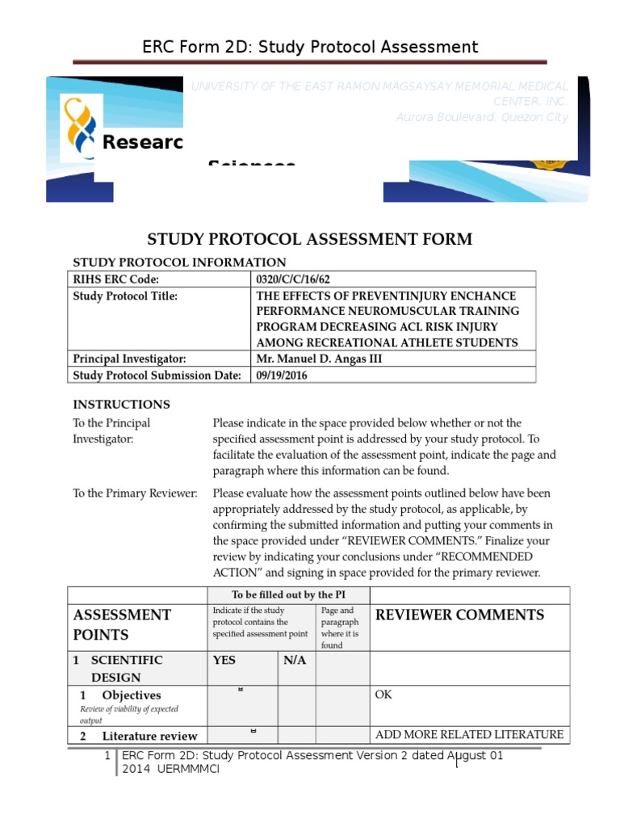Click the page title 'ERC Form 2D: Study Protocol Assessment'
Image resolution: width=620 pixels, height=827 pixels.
(x=310, y=47)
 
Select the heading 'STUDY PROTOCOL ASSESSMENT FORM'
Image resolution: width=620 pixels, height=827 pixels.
(x=309, y=239)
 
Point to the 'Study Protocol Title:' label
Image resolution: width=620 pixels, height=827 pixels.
(x=125, y=296)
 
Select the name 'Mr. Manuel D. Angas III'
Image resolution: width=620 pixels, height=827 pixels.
(x=319, y=359)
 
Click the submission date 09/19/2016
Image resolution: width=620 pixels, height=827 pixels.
(x=282, y=376)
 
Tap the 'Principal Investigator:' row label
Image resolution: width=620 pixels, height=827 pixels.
(x=130, y=359)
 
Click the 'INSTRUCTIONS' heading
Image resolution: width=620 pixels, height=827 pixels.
(x=122, y=405)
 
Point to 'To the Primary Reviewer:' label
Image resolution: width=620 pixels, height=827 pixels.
(x=135, y=493)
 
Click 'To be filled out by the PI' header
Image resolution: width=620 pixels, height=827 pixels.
(x=288, y=595)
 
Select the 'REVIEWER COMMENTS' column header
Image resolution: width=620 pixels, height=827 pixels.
(x=460, y=615)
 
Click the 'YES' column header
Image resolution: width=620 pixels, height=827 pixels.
(x=224, y=661)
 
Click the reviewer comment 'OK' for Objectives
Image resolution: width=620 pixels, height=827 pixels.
(x=383, y=695)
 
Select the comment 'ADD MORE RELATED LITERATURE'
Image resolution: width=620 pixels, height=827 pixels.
(x=469, y=734)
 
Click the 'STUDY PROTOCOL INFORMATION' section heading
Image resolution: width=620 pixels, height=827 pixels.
(x=179, y=262)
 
